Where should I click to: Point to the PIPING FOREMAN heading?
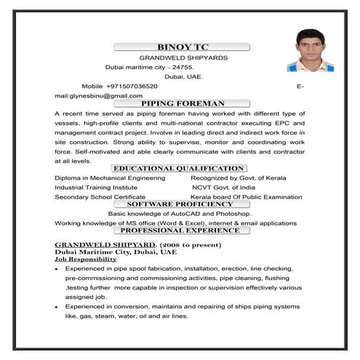183,104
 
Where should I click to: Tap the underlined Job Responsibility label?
81,259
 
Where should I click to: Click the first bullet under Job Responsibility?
57,269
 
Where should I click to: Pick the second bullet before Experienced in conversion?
57,308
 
